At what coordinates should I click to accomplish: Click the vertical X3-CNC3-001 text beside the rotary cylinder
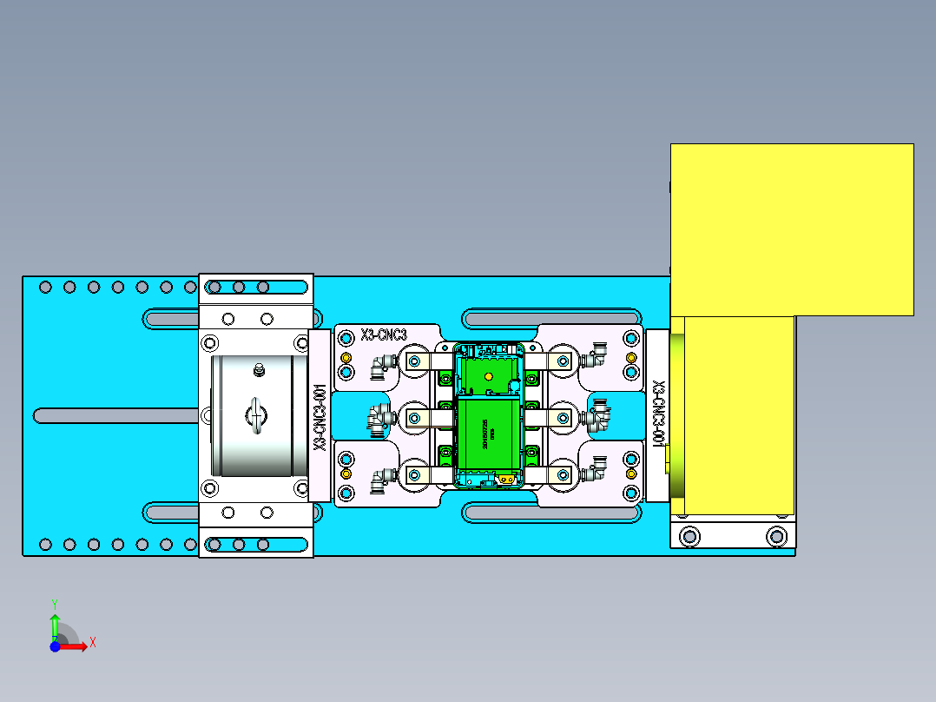(x=320, y=417)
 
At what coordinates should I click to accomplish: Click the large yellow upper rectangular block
(x=791, y=228)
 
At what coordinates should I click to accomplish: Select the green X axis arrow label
(x=92, y=642)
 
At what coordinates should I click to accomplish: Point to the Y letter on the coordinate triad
(x=54, y=602)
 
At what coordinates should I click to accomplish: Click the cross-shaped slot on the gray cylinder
(x=256, y=415)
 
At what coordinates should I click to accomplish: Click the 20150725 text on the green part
(x=484, y=431)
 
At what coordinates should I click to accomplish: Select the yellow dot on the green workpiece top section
(x=488, y=376)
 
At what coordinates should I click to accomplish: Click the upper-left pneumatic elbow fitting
(x=379, y=366)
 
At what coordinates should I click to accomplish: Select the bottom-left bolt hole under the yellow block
(x=689, y=535)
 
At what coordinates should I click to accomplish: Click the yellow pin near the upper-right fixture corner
(x=631, y=359)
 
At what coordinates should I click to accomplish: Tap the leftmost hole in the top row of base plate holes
(x=45, y=287)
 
